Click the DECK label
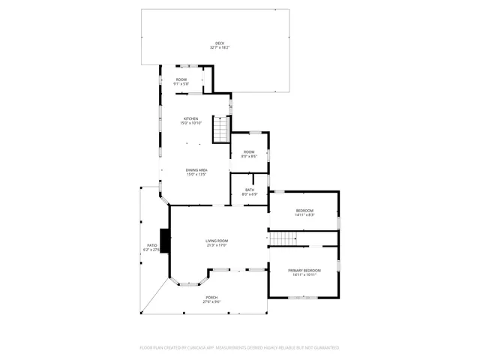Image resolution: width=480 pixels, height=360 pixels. tap(220, 43)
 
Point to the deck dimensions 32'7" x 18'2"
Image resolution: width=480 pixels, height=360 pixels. tap(220, 48)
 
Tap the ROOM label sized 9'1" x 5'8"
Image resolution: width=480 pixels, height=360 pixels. tap(181, 79)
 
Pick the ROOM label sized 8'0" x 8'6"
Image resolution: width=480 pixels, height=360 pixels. tap(249, 152)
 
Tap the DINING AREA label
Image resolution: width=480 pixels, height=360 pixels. tap(196, 170)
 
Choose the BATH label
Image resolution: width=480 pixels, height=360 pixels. tap(249, 190)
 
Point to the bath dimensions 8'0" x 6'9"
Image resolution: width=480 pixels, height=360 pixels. tap(249, 194)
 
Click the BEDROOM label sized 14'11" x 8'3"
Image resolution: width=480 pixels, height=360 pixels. tap(304, 210)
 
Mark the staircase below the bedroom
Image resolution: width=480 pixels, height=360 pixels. tap(284, 238)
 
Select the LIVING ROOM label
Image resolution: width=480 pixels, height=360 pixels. tap(217, 241)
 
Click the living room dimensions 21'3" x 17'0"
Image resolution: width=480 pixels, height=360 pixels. tap(217, 245)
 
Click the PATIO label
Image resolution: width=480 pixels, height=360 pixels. tap(151, 245)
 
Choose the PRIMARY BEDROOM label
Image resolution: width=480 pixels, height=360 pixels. tap(304, 270)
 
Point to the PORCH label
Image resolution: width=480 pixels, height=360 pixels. tap(212, 298)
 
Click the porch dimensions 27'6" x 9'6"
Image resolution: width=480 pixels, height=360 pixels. tap(212, 302)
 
